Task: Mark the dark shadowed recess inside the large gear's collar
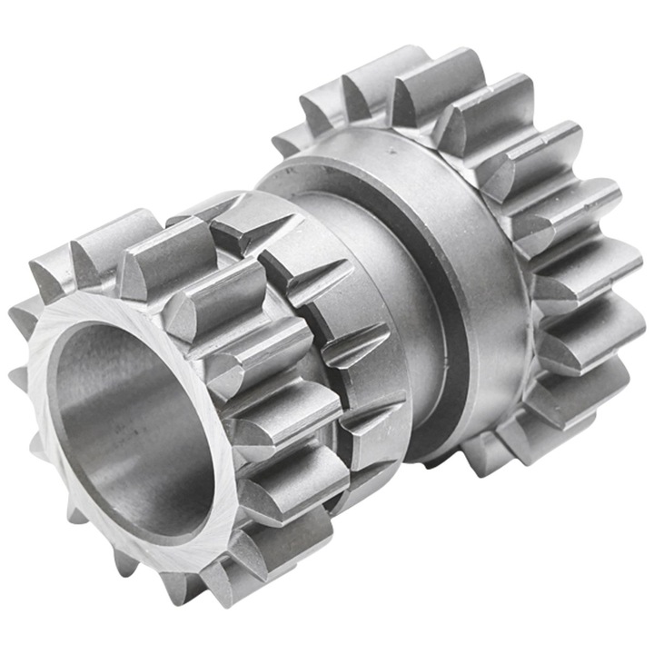(436, 381)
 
